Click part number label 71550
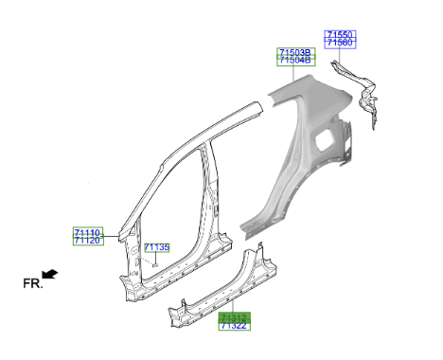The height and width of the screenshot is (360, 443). (x=340, y=34)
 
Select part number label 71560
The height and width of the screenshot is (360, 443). (x=340, y=43)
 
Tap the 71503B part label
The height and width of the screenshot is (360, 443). (x=295, y=52)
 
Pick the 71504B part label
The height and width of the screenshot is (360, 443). (x=295, y=61)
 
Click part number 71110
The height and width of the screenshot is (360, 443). (x=88, y=232)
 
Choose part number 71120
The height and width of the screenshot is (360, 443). (x=88, y=241)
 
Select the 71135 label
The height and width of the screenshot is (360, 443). (x=157, y=247)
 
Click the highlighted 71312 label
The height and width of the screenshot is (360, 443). (x=234, y=317)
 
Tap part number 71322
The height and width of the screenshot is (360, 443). (x=234, y=326)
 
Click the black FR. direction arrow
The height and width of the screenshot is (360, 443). (x=50, y=274)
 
